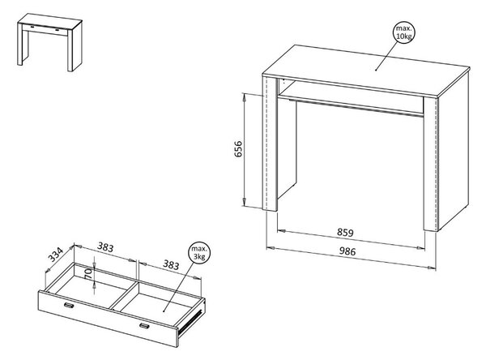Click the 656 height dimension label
click(x=238, y=149)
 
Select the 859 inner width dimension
click(x=345, y=233)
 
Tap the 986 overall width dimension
click(x=347, y=251)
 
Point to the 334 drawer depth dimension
click(x=55, y=255)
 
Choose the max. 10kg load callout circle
click(x=404, y=32)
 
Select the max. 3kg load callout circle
click(x=199, y=253)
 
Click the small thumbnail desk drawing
click(x=49, y=42)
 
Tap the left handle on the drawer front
click(x=69, y=306)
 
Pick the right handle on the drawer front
click(x=144, y=325)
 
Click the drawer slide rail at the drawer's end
click(x=192, y=319)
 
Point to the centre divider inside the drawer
click(x=124, y=296)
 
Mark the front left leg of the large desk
click(x=270, y=144)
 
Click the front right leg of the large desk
click(x=431, y=164)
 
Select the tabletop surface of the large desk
click(x=366, y=69)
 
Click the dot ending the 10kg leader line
click(x=376, y=71)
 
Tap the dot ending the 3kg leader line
click(x=164, y=311)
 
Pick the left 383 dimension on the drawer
click(x=105, y=247)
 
